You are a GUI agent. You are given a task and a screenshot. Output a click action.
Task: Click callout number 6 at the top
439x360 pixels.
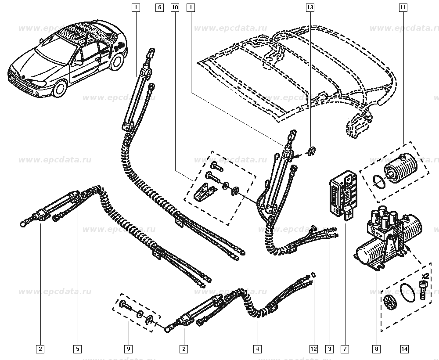159,7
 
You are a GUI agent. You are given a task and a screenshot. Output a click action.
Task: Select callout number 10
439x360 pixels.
175,7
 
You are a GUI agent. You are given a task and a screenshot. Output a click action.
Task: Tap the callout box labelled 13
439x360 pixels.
310,7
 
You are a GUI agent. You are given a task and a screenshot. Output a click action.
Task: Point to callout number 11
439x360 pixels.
403,7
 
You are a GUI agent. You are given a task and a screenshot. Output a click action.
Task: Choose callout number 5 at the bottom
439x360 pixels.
77,349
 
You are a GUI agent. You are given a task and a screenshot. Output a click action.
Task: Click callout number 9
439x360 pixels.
128,349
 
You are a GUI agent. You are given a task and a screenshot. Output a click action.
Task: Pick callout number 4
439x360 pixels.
258,349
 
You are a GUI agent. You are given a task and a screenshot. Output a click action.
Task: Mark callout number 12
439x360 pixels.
313,349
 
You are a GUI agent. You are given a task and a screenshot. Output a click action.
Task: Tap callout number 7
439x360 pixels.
345,349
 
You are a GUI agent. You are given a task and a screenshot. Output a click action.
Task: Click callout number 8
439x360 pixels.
376,349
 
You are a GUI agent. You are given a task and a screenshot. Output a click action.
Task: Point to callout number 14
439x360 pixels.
404,349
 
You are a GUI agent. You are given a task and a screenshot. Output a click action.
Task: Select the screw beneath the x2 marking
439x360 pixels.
423,290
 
